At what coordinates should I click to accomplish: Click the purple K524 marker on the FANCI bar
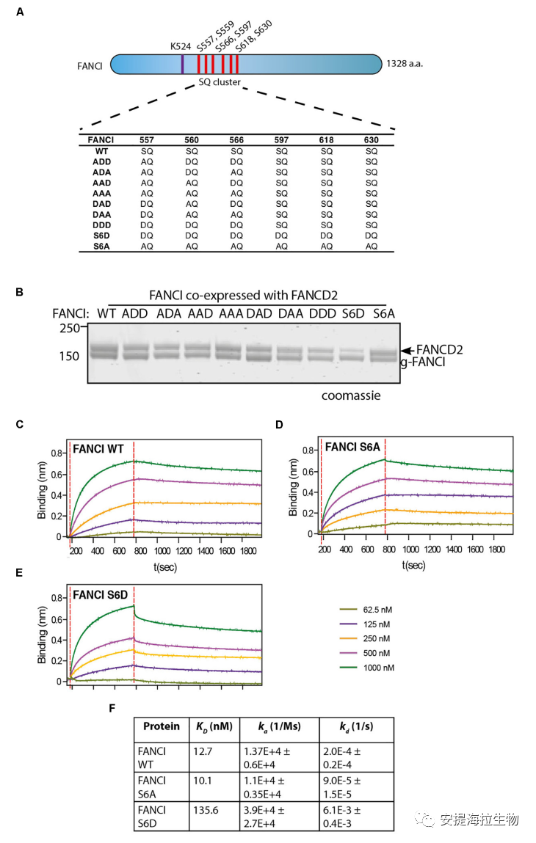(183, 65)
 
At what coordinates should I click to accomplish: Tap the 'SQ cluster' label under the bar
(220, 82)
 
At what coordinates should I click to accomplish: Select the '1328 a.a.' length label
(404, 65)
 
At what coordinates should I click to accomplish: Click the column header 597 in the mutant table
(282, 139)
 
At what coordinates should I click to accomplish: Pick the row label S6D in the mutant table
(101, 235)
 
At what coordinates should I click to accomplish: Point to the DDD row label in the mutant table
(101, 225)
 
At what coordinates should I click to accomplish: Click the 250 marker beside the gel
(70, 329)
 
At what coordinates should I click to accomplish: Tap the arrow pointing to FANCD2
(406, 349)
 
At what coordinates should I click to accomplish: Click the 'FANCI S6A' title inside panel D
(355, 446)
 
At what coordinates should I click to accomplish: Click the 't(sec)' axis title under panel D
(413, 565)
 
